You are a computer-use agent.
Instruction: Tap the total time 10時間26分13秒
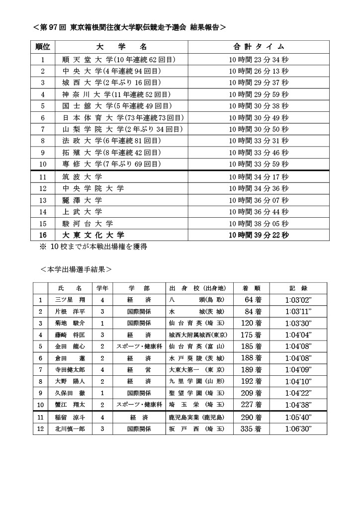258,71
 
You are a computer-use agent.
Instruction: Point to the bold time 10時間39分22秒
258,235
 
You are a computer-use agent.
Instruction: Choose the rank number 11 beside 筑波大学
43,176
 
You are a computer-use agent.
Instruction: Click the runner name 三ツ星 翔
70,300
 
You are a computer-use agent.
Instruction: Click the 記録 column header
298,288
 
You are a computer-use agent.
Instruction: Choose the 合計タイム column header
258,47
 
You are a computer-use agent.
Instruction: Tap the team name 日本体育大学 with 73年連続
122,118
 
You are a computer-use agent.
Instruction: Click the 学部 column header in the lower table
139,288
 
